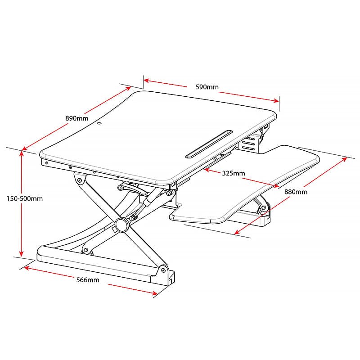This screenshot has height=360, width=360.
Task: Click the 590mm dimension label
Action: click(x=207, y=87)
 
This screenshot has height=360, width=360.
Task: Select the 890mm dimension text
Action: click(x=77, y=118)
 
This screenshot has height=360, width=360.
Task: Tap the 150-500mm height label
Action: click(x=25, y=198)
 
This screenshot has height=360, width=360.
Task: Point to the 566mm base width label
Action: click(x=88, y=280)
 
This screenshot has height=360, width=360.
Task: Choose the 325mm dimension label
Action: click(x=234, y=173)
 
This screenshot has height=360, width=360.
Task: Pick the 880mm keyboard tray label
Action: click(x=296, y=192)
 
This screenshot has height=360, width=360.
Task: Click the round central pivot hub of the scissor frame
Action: click(x=122, y=225)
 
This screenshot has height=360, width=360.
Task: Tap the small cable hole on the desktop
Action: click(x=99, y=124)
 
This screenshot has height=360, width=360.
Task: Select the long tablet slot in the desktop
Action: click(x=209, y=144)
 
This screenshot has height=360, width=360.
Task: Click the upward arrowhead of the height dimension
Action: click(x=21, y=153)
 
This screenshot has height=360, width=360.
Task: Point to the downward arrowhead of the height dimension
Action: click(x=21, y=253)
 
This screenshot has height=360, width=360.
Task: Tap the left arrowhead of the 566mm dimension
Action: click(x=27, y=268)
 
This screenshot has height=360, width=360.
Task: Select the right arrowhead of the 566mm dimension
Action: click(x=154, y=292)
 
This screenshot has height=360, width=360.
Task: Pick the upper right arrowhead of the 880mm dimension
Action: click(x=344, y=160)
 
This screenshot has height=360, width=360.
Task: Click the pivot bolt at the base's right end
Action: click(x=163, y=270)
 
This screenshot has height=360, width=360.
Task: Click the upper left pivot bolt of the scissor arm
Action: click(x=80, y=180)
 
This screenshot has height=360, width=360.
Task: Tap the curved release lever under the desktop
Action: click(x=133, y=188)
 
